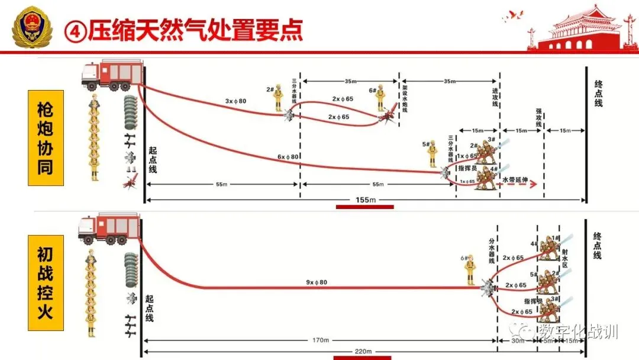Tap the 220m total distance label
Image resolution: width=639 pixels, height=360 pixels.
[x=364, y=352]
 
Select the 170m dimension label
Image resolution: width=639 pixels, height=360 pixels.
[x=319, y=340]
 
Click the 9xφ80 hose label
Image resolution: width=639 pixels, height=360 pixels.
[x=317, y=282]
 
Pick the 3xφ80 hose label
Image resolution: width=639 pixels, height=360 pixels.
[x=235, y=101]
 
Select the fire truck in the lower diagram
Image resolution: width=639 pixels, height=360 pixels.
[x=109, y=228]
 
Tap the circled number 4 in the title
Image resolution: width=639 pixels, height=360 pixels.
[x=75, y=30]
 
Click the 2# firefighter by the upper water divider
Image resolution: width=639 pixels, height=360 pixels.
[x=278, y=98]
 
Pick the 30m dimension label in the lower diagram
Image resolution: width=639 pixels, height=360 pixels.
[x=517, y=341]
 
